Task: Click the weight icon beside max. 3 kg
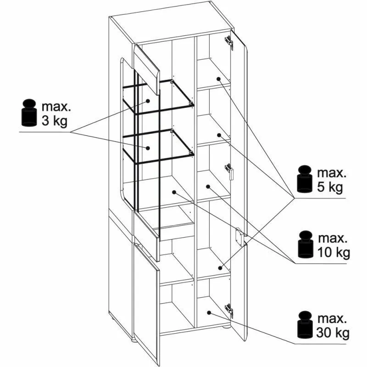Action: point(29,113)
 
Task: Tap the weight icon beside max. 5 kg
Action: point(305,179)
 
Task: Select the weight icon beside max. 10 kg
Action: point(306,245)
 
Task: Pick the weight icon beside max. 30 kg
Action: point(305,325)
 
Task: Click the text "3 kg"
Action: point(54,121)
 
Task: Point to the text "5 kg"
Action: point(330,187)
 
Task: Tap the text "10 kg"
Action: point(334,253)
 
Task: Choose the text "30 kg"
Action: point(333,333)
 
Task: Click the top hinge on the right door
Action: point(229,42)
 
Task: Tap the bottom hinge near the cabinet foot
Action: point(229,311)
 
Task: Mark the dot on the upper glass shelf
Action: point(148,101)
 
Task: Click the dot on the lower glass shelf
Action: point(148,148)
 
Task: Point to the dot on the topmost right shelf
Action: point(219,79)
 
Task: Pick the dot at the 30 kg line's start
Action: point(209,312)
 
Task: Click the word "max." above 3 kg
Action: point(56,107)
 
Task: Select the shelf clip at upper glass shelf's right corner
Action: point(191,103)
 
